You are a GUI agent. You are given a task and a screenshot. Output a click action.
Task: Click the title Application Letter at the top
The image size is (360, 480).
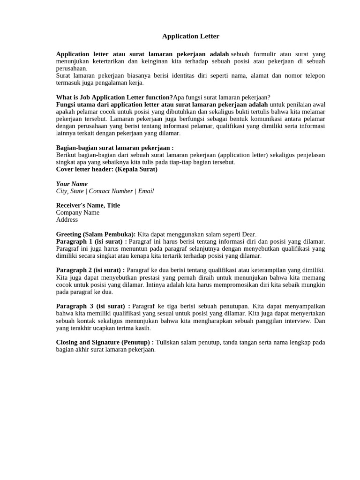[184, 36]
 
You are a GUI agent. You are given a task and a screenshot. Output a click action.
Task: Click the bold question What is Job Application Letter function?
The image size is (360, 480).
[114, 97]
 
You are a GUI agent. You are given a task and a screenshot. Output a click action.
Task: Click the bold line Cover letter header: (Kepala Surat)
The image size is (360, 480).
[106, 169]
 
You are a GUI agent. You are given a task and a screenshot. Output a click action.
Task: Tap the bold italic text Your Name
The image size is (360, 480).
[72, 184]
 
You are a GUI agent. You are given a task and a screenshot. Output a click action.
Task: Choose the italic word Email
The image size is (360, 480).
[146, 191]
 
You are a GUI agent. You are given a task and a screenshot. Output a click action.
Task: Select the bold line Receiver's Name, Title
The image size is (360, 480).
[88, 205]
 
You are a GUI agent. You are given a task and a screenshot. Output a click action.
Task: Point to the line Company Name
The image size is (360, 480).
[77, 212]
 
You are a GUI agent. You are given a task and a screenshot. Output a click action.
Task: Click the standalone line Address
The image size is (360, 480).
[67, 219]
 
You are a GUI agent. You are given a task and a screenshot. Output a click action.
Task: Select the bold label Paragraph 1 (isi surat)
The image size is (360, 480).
[90, 241]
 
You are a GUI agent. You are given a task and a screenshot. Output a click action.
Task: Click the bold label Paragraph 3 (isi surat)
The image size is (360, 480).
[92, 306]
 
